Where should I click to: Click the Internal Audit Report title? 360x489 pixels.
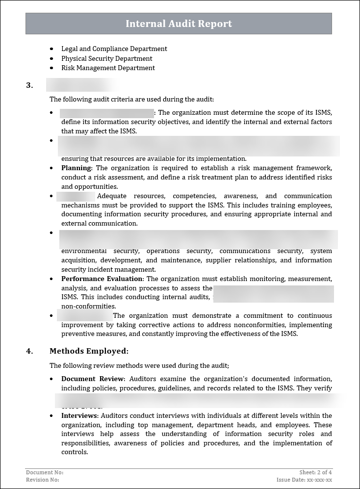click(x=179, y=24)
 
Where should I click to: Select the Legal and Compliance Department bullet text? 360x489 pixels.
click(x=114, y=49)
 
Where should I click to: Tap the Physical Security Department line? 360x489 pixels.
click(x=106, y=58)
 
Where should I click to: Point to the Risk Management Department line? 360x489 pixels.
click(x=108, y=68)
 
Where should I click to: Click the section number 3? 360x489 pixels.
click(x=29, y=85)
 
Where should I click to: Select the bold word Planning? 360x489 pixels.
click(x=76, y=168)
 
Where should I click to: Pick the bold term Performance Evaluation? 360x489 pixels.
click(x=102, y=279)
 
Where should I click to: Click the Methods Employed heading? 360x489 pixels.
click(x=89, y=351)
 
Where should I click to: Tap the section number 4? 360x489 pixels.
click(x=29, y=351)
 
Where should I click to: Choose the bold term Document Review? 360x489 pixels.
click(x=93, y=379)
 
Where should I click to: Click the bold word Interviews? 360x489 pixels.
click(x=79, y=416)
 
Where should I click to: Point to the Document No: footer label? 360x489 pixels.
click(x=45, y=472)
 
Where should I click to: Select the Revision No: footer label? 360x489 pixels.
click(x=43, y=480)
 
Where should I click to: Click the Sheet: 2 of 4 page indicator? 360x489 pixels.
click(x=315, y=472)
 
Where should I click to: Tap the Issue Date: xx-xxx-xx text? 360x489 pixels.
click(x=304, y=480)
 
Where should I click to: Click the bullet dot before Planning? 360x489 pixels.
click(x=52, y=168)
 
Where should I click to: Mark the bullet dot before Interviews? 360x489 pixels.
click(x=52, y=416)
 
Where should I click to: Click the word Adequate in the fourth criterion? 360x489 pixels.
click(x=112, y=196)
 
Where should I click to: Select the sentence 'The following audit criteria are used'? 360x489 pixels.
click(x=131, y=99)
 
